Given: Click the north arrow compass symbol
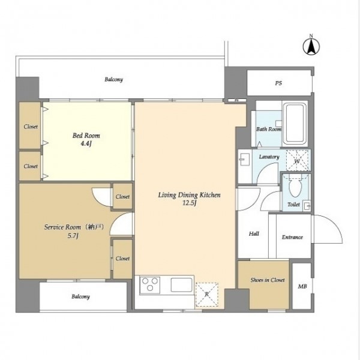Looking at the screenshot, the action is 311,47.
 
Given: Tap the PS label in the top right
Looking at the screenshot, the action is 278,83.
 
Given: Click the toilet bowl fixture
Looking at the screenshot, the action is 295,187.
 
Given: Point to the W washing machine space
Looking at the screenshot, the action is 297,161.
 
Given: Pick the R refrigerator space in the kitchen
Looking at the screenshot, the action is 206,295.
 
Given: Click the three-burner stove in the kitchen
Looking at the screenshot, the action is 150,285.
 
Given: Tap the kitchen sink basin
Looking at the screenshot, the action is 181,285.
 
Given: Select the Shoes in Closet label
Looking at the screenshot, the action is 268,280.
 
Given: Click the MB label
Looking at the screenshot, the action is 302,286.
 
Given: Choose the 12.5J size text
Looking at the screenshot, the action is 189,203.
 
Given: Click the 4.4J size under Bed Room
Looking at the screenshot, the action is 86,144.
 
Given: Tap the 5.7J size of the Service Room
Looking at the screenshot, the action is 73,236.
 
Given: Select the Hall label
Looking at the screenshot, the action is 254,234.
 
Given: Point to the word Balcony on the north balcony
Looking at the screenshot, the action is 113,79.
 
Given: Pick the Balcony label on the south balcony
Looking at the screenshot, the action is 80,296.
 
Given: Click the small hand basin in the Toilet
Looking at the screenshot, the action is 306,206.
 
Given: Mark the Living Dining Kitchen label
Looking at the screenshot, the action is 189,195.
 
